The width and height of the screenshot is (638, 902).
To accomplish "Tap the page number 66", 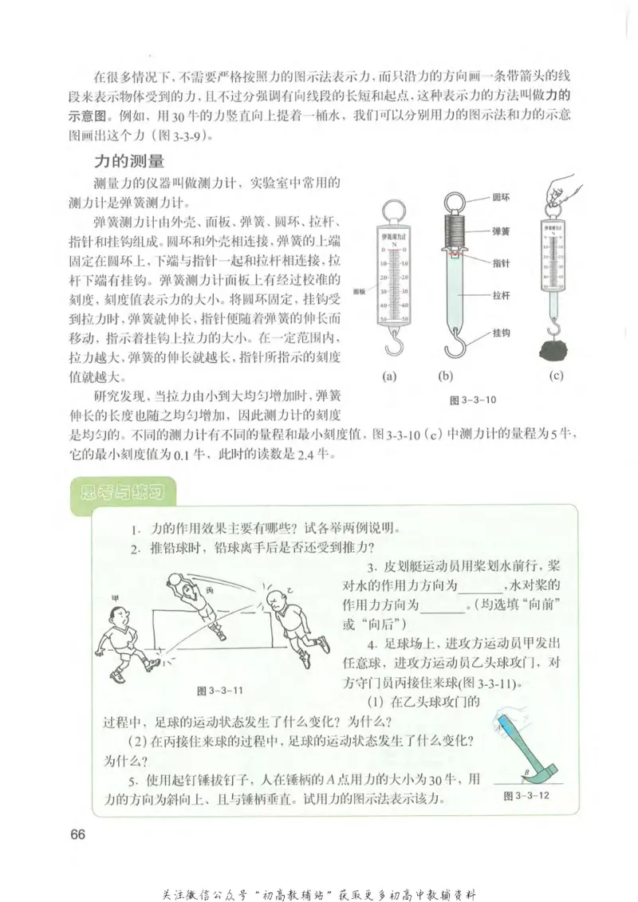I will point(77,835).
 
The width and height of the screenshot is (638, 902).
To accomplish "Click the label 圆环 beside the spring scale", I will point(503,195).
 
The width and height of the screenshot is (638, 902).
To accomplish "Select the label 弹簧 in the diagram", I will point(503,228).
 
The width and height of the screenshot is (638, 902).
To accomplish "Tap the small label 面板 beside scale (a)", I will point(359,293).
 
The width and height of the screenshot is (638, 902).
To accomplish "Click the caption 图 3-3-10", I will point(475,400).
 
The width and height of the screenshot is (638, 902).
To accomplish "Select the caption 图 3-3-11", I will point(219,690).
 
